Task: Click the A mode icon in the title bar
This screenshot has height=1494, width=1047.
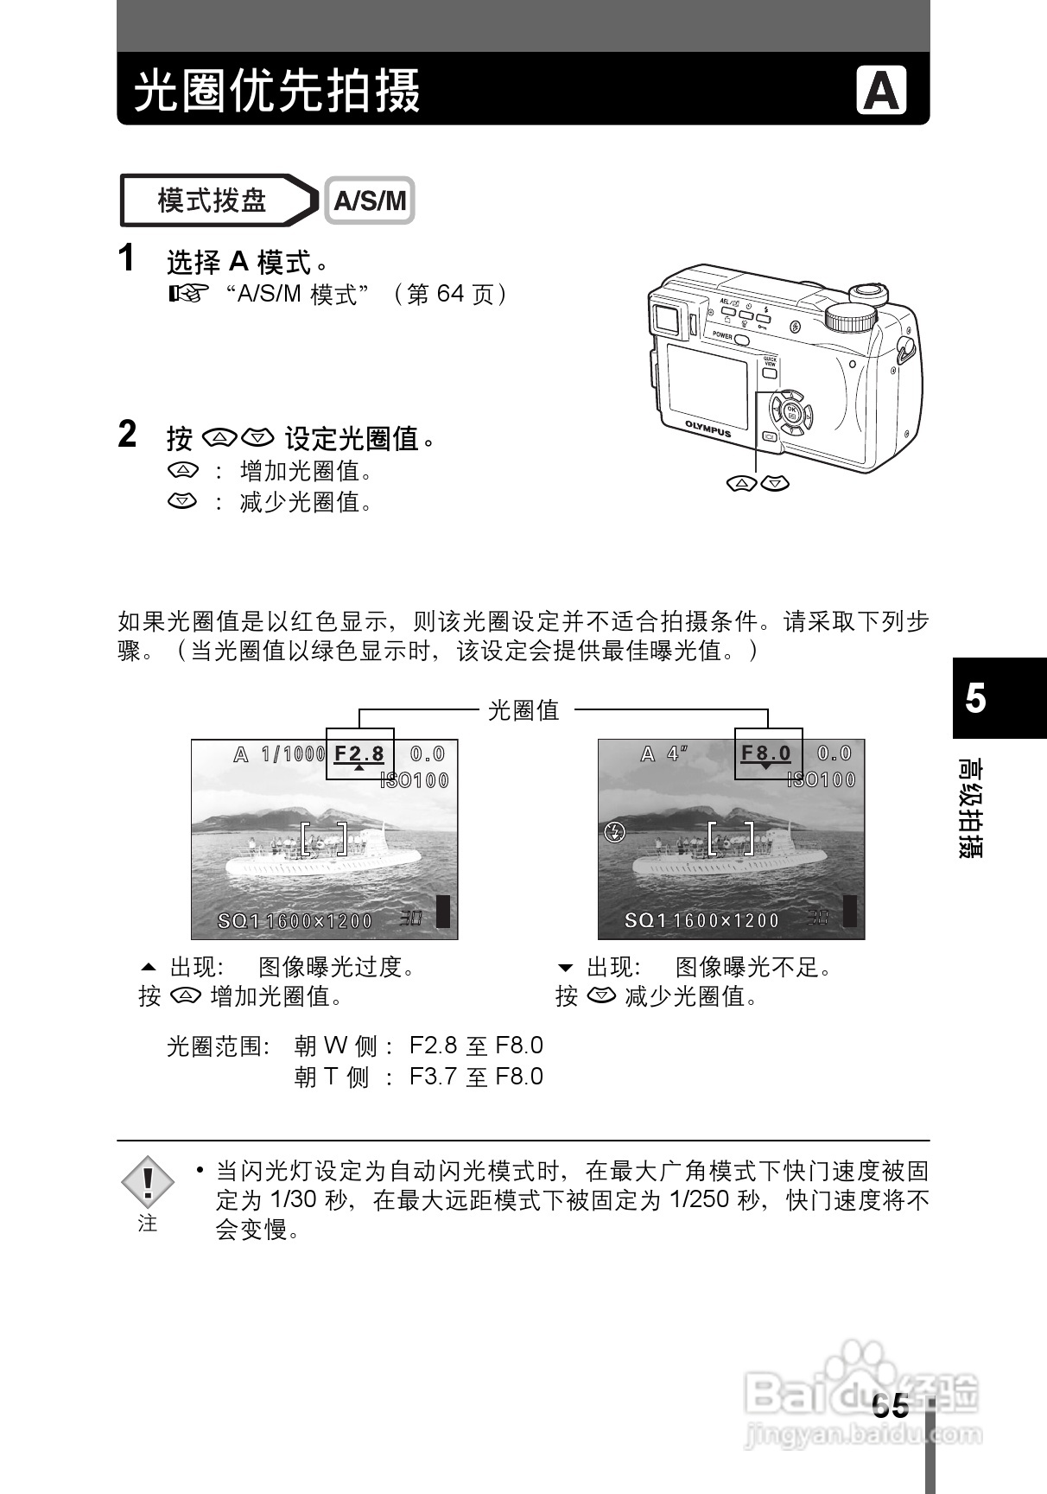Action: click(x=881, y=90)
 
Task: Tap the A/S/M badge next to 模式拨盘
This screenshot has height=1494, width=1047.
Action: click(x=370, y=200)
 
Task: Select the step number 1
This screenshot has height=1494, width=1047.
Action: click(x=126, y=258)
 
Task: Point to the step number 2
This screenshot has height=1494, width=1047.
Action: click(x=127, y=435)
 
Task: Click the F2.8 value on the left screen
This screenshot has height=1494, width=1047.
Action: click(x=359, y=753)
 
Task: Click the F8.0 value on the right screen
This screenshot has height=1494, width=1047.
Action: click(x=766, y=753)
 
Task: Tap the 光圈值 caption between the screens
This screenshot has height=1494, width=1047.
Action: click(x=524, y=710)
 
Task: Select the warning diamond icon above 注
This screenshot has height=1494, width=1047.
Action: click(x=148, y=1181)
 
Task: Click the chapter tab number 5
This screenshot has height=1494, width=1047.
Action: click(x=975, y=698)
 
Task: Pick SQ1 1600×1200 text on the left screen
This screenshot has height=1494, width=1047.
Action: click(x=295, y=921)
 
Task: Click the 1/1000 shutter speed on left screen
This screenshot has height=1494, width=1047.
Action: click(x=293, y=754)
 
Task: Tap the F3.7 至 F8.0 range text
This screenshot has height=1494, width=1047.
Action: click(x=476, y=1077)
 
